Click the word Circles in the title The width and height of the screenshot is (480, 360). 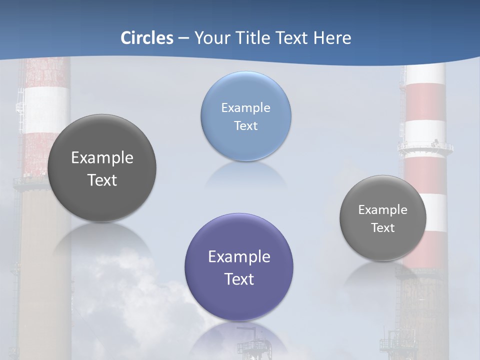pos(147,38)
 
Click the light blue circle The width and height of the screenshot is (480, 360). pos(246,116)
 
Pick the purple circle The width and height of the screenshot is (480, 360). pos(239,267)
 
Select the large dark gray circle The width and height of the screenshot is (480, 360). pos(102,168)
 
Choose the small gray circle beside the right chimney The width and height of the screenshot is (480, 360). pos(383,218)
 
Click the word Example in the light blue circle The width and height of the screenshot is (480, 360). pos(246,107)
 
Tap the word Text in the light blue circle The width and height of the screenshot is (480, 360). pos(246,125)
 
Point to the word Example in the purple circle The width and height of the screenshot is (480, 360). pos(239,256)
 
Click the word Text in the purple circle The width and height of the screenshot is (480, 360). pos(239,278)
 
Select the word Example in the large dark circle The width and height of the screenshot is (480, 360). pos(102,157)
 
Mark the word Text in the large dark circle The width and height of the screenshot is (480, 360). pos(102,180)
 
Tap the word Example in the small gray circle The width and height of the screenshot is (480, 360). pos(383,209)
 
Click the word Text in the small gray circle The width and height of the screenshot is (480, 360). pos(383,227)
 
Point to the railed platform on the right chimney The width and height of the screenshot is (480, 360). pos(425,148)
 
